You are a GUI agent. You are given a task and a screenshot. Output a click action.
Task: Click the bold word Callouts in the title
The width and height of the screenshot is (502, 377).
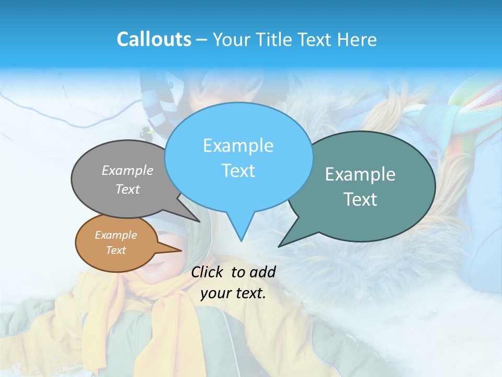pyautogui.click(x=154, y=39)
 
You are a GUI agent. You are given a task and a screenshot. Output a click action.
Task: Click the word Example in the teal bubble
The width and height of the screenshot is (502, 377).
pyautogui.click(x=360, y=174)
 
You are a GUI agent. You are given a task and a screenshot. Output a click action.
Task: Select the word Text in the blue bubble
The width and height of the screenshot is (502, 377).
pyautogui.click(x=238, y=171)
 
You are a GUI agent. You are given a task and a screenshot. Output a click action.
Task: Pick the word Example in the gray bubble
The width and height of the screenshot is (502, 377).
pyautogui.click(x=128, y=170)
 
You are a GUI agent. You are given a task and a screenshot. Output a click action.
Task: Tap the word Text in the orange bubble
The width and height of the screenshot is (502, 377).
pyautogui.click(x=116, y=250)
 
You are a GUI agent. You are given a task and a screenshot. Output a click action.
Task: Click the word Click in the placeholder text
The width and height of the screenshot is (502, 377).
pyautogui.click(x=208, y=272)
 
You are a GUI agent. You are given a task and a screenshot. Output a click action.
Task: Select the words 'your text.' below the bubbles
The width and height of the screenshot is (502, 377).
pyautogui.click(x=233, y=293)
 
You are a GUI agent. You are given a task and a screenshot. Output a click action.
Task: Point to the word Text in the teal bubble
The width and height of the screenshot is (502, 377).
pyautogui.click(x=360, y=199)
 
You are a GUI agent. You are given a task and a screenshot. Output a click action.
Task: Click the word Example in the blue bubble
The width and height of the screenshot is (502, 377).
pyautogui.click(x=238, y=146)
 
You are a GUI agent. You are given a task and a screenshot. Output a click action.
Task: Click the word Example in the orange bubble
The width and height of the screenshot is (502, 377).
pyautogui.click(x=116, y=235)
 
